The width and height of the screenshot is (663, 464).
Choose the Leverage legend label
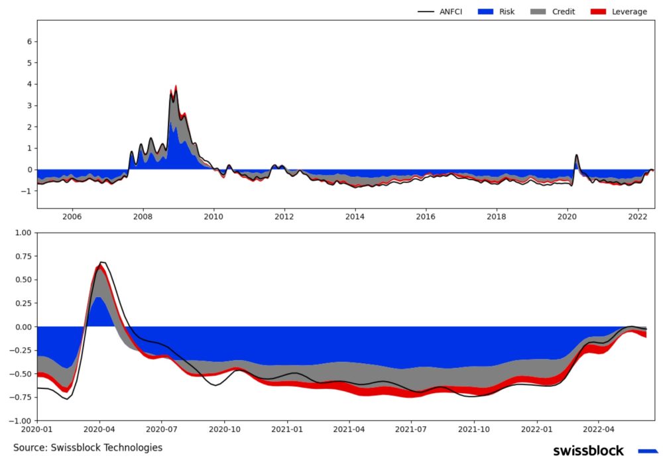point(628,11)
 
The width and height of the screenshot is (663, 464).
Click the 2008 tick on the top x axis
point(143,216)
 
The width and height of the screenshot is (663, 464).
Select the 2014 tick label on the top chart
point(355,216)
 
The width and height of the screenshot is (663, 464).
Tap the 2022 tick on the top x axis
point(638,216)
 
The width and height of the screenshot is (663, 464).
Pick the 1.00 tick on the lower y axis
point(23,233)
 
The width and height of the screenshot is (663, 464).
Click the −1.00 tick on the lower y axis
point(21,420)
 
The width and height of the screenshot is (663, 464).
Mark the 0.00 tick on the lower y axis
point(23,327)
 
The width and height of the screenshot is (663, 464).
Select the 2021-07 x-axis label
point(412,429)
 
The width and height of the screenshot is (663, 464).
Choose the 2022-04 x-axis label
point(599,429)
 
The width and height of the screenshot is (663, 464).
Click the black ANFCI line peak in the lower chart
point(101,262)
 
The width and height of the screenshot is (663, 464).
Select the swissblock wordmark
point(588,451)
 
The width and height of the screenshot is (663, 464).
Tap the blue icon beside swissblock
point(647,451)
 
